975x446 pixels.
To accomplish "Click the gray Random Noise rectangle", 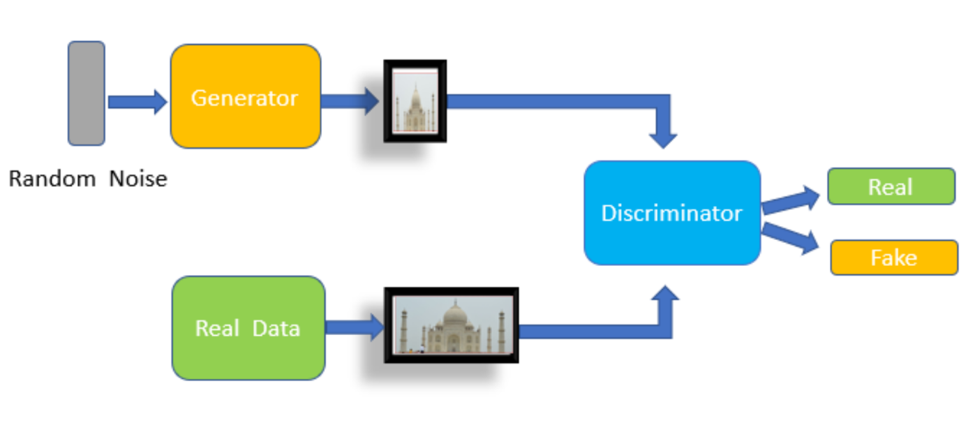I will pyautogui.click(x=86, y=93).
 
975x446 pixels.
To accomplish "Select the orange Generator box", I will pyautogui.click(x=245, y=96).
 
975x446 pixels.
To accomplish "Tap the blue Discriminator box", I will pyautogui.click(x=671, y=213).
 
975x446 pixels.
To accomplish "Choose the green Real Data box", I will pyautogui.click(x=248, y=328).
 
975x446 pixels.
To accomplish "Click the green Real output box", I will pyautogui.click(x=891, y=186).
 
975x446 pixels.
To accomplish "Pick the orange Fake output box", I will pyautogui.click(x=893, y=258).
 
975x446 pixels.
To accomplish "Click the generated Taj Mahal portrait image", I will pyautogui.click(x=415, y=101).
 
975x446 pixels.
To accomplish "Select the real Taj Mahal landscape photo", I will pyautogui.click(x=451, y=325).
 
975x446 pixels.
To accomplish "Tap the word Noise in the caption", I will pyautogui.click(x=137, y=179).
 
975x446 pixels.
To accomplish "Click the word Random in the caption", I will pyautogui.click(x=52, y=179).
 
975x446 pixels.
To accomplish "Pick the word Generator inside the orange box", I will pyautogui.click(x=244, y=98).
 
